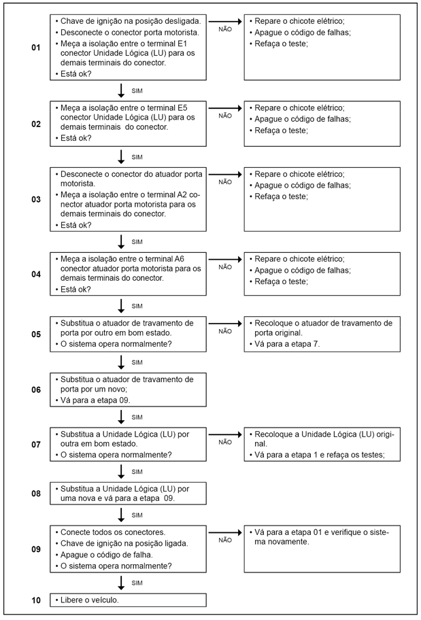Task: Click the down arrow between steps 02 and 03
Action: tap(122, 156)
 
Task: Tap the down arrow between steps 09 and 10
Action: tap(122, 583)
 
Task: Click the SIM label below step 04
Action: tap(137, 305)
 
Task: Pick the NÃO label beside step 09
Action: tap(225, 540)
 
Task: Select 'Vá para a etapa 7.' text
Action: tap(287, 345)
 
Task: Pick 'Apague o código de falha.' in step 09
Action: tap(105, 554)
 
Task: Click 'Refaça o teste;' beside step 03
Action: tap(281, 196)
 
